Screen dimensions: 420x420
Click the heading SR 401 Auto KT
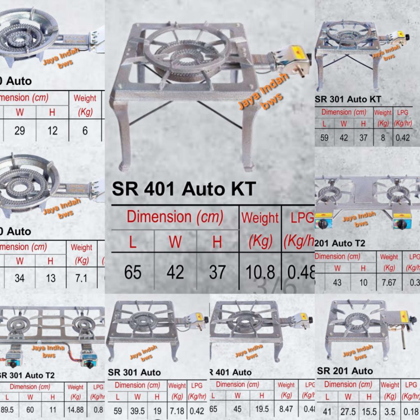(x=184, y=189)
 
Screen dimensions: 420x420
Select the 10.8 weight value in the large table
(x=260, y=272)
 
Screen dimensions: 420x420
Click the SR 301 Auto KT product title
(x=348, y=99)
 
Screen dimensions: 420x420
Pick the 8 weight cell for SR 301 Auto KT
(x=383, y=138)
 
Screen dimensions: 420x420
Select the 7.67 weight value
(x=389, y=283)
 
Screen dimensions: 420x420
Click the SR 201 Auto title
(x=345, y=371)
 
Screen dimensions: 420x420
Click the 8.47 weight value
(x=285, y=409)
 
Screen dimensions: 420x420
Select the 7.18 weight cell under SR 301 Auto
(x=177, y=410)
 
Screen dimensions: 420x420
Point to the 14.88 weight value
(x=75, y=410)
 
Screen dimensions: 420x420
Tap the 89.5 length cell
(x=7, y=410)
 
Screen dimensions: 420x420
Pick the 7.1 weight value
(x=81, y=278)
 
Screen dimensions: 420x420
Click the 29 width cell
(x=20, y=130)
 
